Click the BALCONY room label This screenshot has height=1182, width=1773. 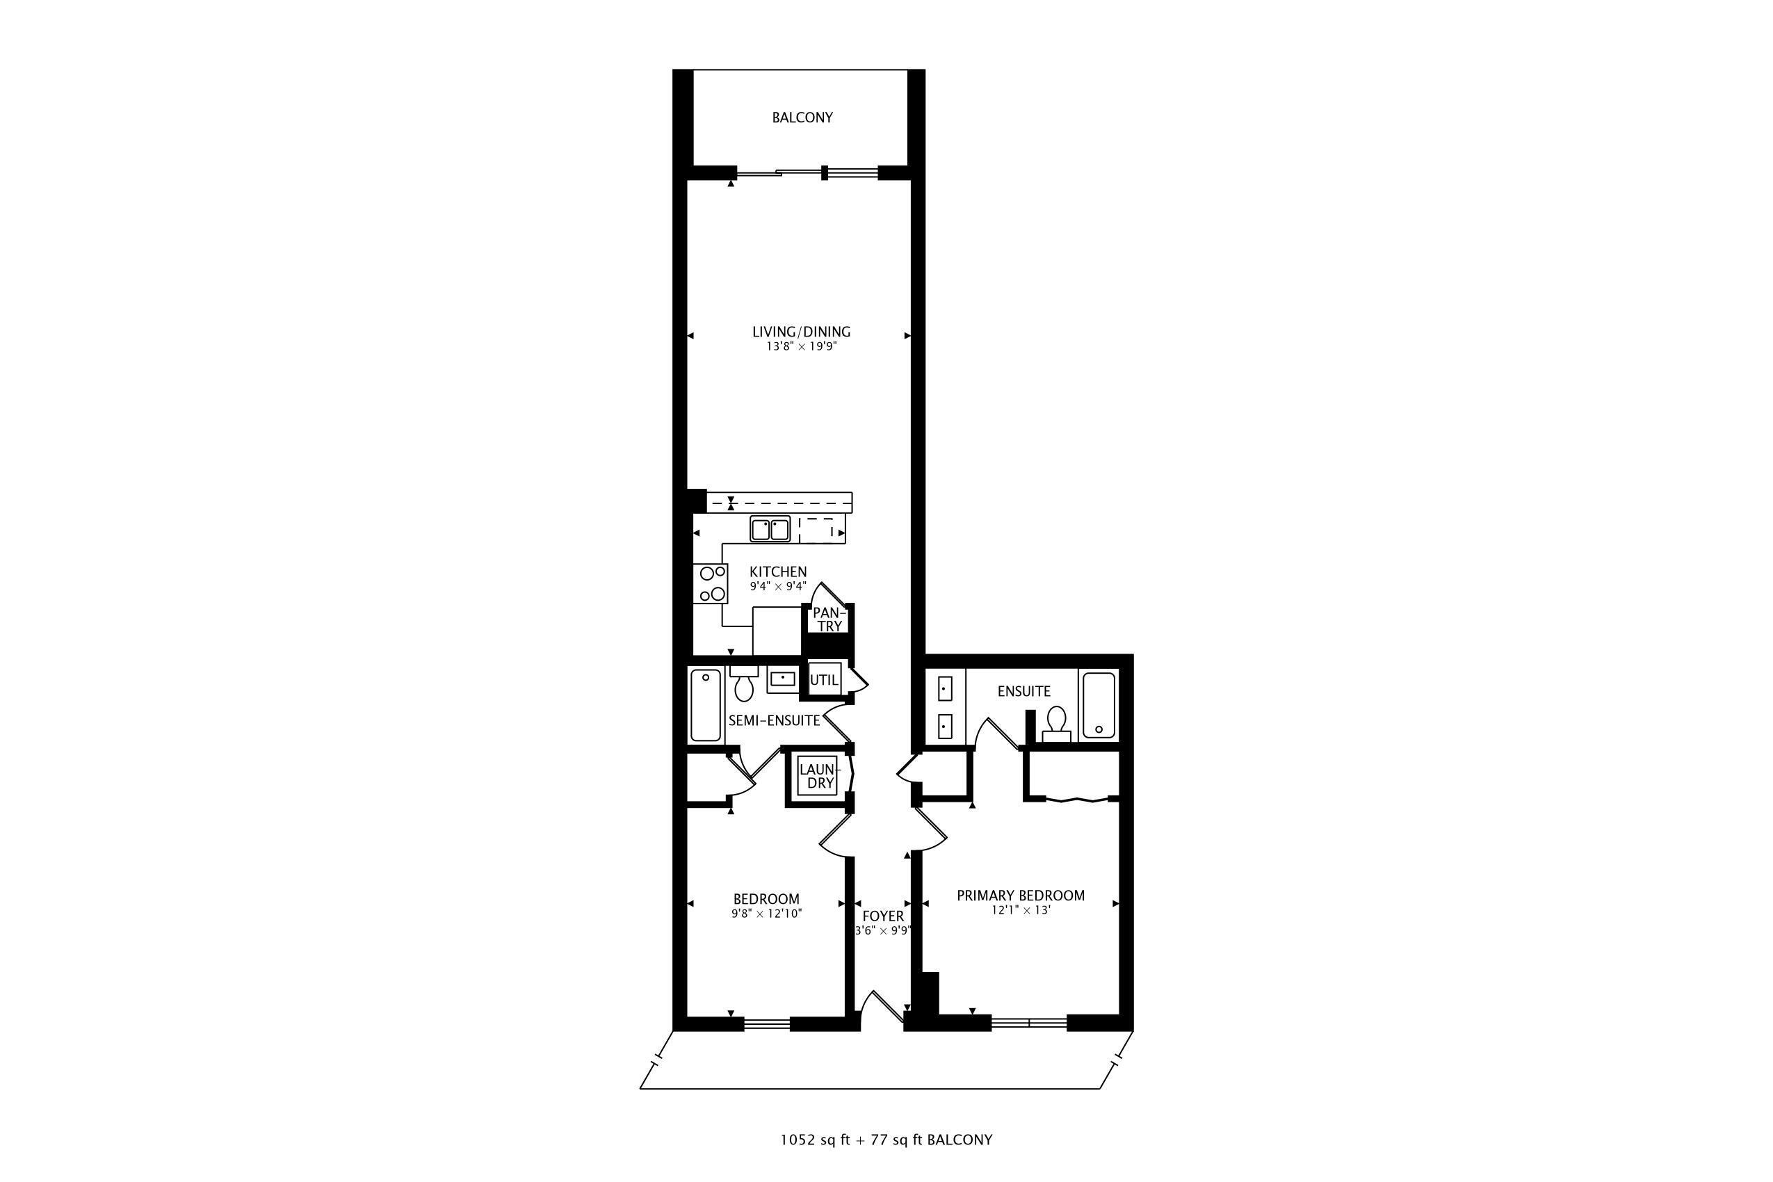click(x=802, y=118)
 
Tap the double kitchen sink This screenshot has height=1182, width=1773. click(x=770, y=529)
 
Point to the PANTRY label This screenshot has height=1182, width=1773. click(x=829, y=620)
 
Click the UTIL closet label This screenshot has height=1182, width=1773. click(x=823, y=680)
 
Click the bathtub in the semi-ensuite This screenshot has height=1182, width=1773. click(x=706, y=706)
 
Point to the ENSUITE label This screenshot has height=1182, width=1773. click(x=1023, y=691)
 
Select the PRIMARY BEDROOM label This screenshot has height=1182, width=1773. click(x=1021, y=896)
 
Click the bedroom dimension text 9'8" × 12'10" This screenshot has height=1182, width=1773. click(x=767, y=914)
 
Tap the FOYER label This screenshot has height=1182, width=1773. click(x=883, y=916)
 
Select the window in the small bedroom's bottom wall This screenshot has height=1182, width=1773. click(x=767, y=1023)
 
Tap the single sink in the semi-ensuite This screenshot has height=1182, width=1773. click(x=783, y=680)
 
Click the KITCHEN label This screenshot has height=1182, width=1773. click(x=778, y=572)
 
